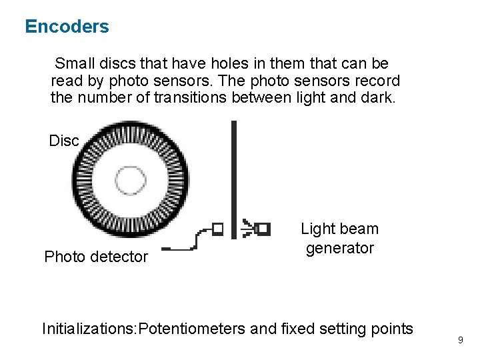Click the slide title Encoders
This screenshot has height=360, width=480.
click(x=67, y=27)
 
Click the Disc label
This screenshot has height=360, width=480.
click(x=64, y=141)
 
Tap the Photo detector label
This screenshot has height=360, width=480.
click(x=95, y=257)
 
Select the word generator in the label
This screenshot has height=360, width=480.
click(x=339, y=248)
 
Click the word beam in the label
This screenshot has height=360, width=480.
click(x=359, y=229)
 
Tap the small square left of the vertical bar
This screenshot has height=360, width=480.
click(x=217, y=229)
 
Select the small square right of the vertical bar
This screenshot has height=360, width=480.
click(x=263, y=229)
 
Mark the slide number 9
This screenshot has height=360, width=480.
click(x=460, y=341)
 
